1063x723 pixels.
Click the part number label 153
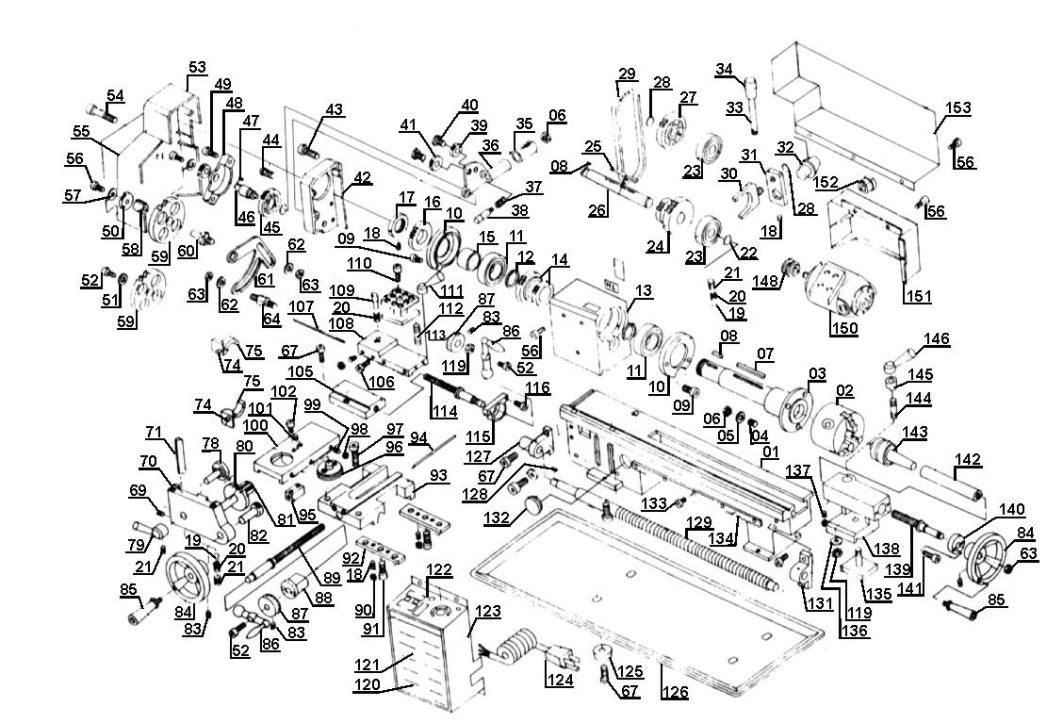tap(957, 107)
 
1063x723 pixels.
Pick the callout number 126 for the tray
tap(674, 692)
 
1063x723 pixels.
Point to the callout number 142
tap(968, 459)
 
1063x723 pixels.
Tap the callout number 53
tap(197, 67)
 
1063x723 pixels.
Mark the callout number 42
tap(363, 178)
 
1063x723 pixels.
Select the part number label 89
tap(332, 577)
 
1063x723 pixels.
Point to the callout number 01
tap(771, 452)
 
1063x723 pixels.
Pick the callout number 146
tap(937, 338)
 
